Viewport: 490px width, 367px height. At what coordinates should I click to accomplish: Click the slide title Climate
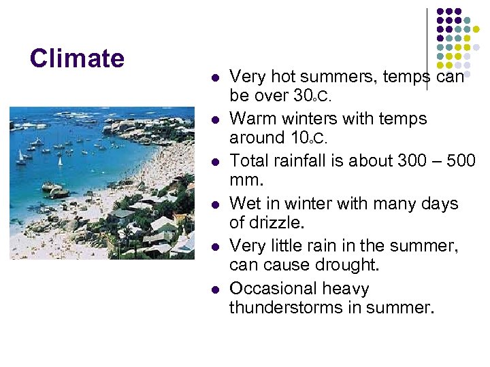click(77, 58)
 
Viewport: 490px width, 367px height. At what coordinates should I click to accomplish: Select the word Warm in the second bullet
click(251, 118)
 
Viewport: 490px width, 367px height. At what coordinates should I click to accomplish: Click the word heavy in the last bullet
click(346, 289)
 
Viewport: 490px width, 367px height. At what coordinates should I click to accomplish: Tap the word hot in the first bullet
click(280, 76)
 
